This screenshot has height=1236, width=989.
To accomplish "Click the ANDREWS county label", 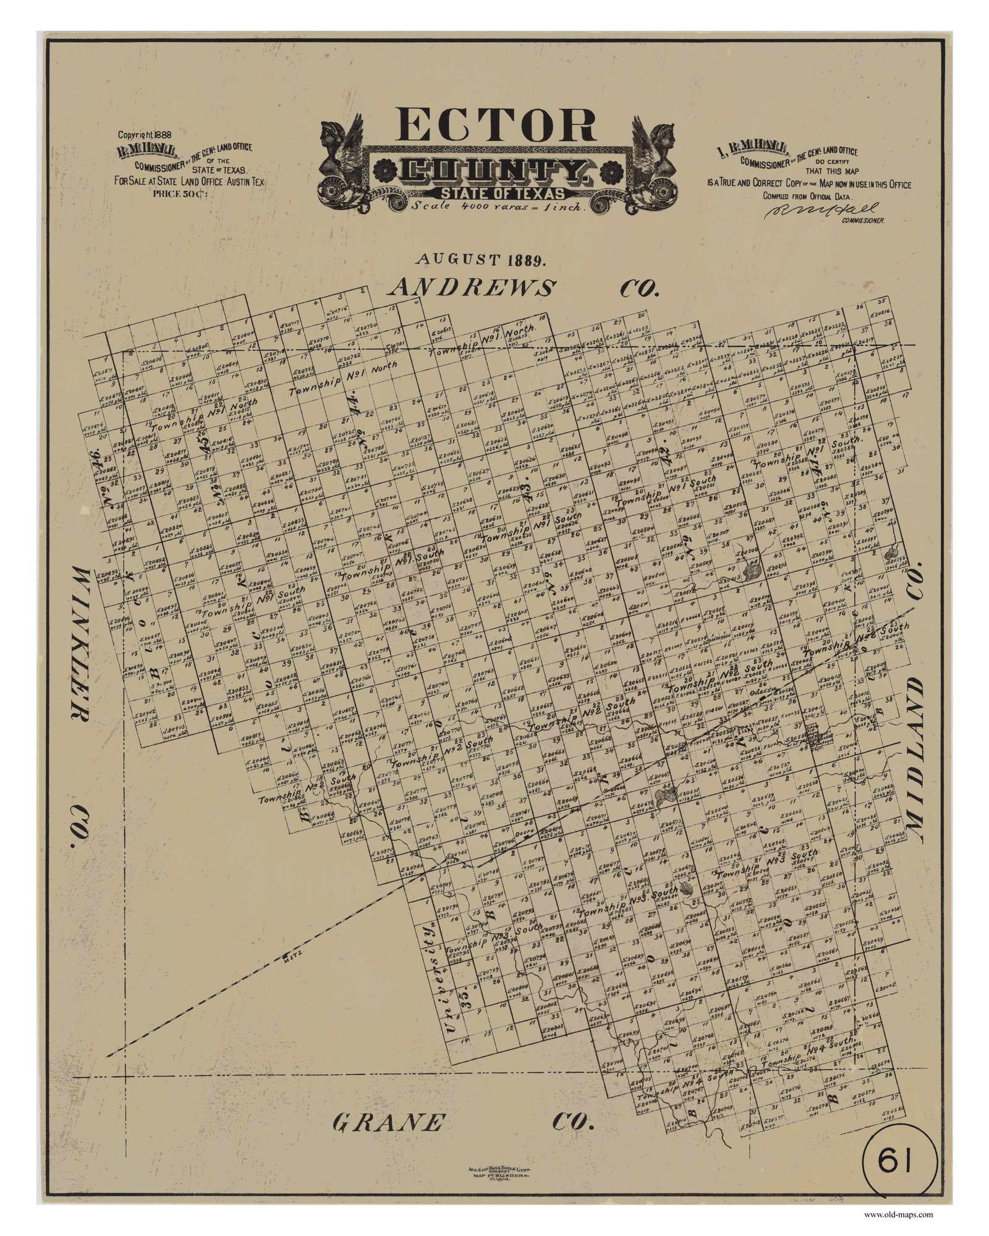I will pos(473,288).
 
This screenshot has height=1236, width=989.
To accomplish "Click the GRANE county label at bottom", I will pos(388,1104).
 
